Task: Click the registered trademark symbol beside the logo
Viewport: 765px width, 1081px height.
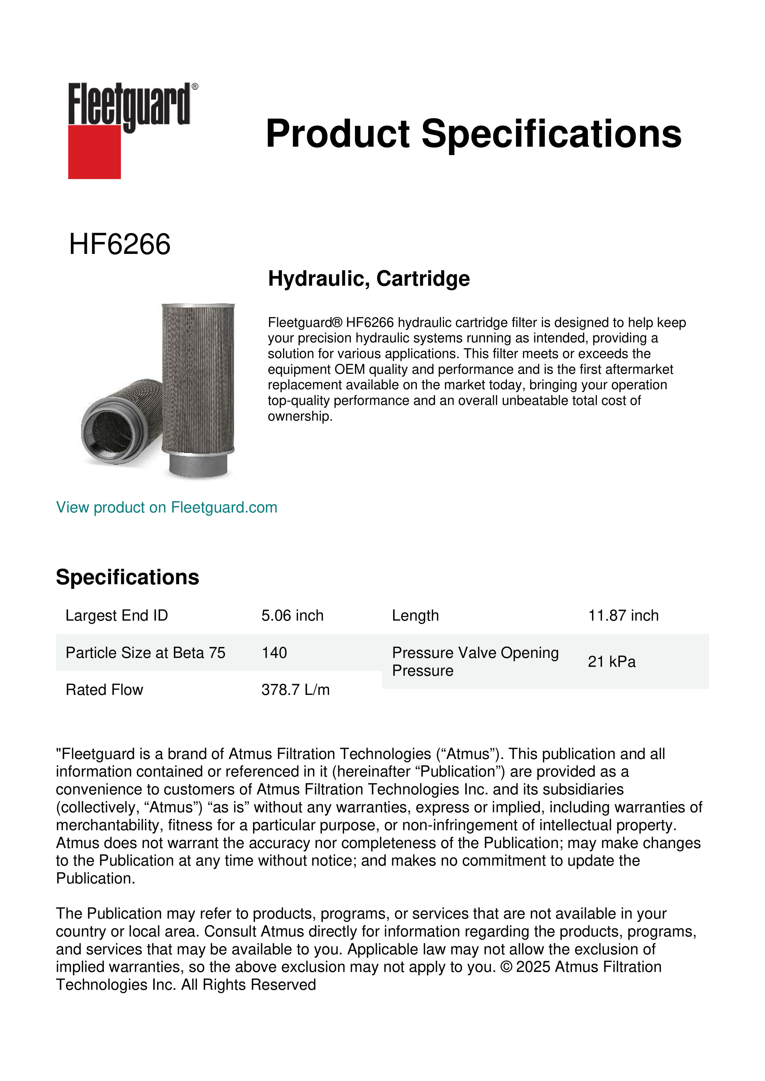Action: [x=195, y=87]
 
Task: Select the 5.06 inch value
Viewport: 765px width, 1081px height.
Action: [x=292, y=615]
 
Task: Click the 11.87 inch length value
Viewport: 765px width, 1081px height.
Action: [x=623, y=615]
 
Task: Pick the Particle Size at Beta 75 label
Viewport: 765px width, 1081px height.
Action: [x=145, y=653]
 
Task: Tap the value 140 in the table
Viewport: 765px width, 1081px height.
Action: [x=274, y=653]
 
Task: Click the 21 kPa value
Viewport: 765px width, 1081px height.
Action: [x=611, y=662]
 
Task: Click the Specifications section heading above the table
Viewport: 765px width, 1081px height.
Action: [x=127, y=577]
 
